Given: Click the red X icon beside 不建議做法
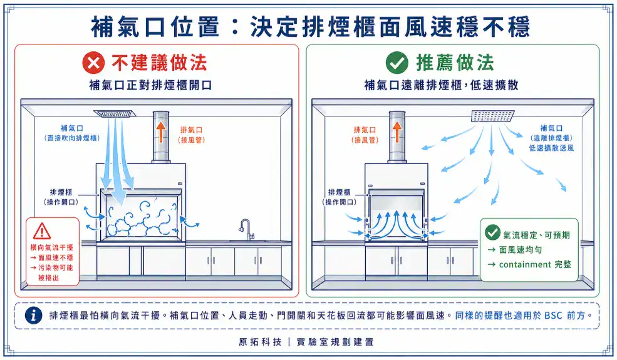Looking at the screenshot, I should pyautogui.click(x=94, y=63).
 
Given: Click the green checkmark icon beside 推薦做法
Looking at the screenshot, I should pyautogui.click(x=397, y=63).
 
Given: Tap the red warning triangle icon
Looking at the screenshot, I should pyautogui.click(x=42, y=231).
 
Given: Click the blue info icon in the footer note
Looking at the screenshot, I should pyautogui.click(x=33, y=316).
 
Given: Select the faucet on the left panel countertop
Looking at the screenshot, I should pyautogui.click(x=246, y=229).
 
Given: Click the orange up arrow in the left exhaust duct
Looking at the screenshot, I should pyautogui.click(x=161, y=132).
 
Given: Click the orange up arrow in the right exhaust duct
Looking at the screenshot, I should pyautogui.click(x=397, y=132).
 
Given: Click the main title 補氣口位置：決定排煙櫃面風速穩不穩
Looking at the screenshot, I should pyautogui.click(x=310, y=26).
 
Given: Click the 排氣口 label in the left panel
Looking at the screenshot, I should pyautogui.click(x=192, y=129).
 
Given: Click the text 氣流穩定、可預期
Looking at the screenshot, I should pyautogui.click(x=536, y=235).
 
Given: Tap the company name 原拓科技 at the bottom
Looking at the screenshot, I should pyautogui.click(x=258, y=342).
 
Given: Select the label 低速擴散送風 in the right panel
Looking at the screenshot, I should pyautogui.click(x=551, y=148).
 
